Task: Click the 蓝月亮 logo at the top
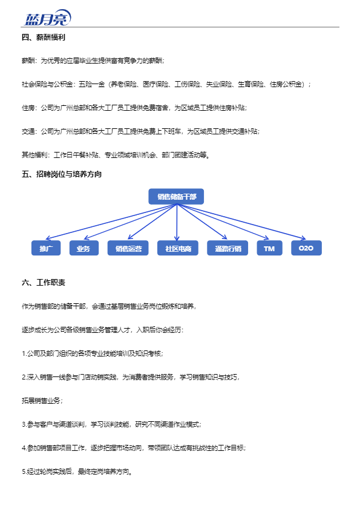point(47,18)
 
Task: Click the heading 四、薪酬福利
point(44,38)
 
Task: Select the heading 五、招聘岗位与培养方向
point(62,174)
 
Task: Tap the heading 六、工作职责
point(44,283)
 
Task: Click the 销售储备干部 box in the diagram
point(176,196)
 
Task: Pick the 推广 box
point(46,248)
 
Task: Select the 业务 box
point(83,248)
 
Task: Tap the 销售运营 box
point(128,248)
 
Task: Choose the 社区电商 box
point(177,248)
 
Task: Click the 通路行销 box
point(227,248)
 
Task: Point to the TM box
point(269,248)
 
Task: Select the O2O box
point(306,248)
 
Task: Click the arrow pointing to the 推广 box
point(111,222)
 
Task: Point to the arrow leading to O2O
point(241,222)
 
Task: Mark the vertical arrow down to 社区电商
point(177,222)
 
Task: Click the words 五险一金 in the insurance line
point(92,84)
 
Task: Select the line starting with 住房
point(134,108)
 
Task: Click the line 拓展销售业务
point(42,401)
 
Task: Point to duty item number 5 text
point(77,471)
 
